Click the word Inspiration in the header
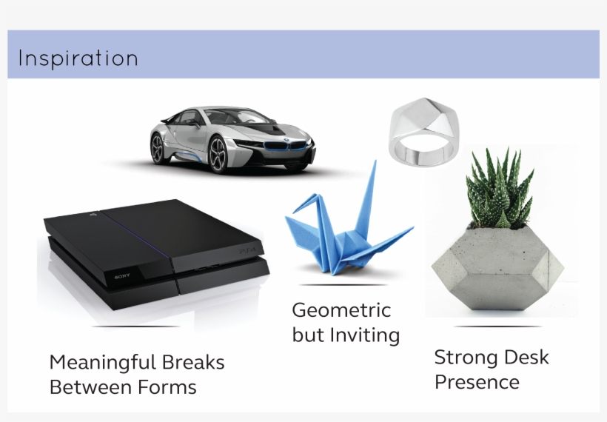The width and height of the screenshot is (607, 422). [x=78, y=58]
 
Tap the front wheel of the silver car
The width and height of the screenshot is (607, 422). [x=218, y=155]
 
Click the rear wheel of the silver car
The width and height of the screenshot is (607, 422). [x=158, y=148]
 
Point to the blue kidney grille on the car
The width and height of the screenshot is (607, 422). [x=286, y=146]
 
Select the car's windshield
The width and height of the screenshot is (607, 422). [x=240, y=117]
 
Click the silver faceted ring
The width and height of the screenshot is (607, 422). [x=424, y=131]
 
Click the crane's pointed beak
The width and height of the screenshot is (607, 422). [x=294, y=211]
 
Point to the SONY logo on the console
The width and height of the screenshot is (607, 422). [x=122, y=276]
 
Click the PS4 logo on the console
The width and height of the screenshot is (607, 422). [x=248, y=251]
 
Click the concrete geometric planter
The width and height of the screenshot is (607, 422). [x=497, y=268]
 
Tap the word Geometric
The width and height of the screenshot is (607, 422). [x=341, y=310]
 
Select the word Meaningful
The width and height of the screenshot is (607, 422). [x=103, y=364]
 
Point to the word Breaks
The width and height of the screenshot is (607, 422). [x=193, y=362]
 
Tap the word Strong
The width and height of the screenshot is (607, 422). [x=466, y=358]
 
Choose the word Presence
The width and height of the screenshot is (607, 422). [x=477, y=382]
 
